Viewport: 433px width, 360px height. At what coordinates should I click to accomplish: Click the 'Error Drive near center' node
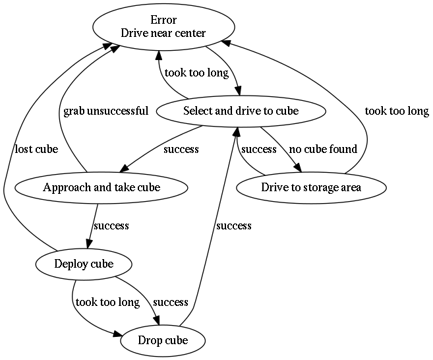point(163,26)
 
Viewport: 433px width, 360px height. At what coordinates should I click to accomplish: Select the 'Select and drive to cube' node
point(241,111)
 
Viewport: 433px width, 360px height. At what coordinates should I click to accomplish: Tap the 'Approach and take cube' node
point(101,187)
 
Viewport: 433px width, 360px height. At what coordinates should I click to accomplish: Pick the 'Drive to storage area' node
point(311,187)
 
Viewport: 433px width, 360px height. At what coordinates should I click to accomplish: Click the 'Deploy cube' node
point(83,264)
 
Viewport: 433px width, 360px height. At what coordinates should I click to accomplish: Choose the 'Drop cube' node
point(163,341)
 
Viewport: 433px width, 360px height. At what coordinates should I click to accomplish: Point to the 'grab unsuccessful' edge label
point(105,111)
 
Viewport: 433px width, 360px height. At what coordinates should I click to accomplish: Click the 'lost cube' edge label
point(36,149)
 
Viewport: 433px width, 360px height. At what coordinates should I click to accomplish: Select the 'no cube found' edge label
point(323,149)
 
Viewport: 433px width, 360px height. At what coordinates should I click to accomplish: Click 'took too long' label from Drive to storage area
point(397,111)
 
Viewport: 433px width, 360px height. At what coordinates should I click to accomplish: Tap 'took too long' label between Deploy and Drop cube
point(107,303)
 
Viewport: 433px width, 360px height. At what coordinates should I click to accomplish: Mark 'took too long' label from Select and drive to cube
point(196,73)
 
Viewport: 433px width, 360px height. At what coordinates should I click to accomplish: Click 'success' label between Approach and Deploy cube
point(111,226)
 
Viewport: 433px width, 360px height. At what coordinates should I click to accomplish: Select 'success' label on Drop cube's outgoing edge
point(234,226)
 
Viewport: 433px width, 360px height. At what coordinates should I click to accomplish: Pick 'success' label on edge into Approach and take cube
point(181,149)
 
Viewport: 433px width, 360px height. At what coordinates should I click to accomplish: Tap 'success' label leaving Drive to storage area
point(258,149)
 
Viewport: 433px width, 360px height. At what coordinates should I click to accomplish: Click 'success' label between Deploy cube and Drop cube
point(171,303)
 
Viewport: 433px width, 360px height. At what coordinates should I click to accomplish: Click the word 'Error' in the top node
point(163,20)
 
